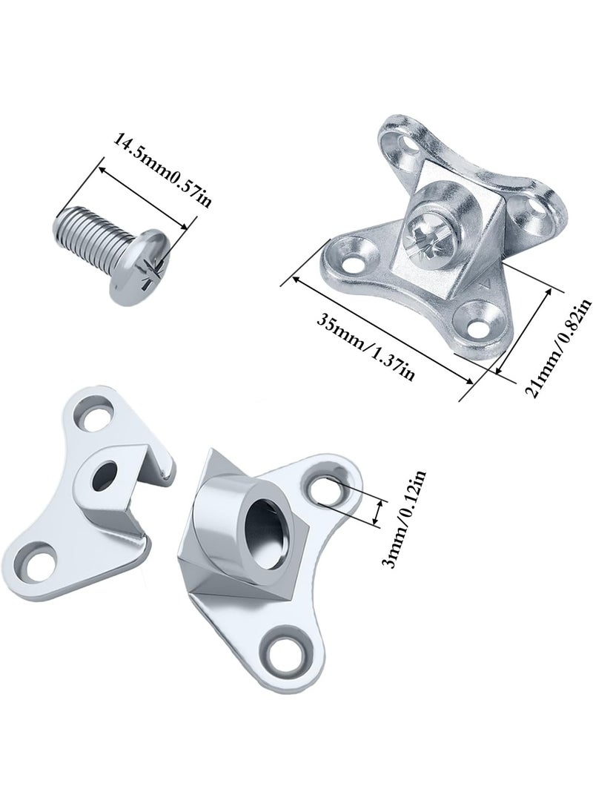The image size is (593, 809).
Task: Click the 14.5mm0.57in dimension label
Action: (162, 169)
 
